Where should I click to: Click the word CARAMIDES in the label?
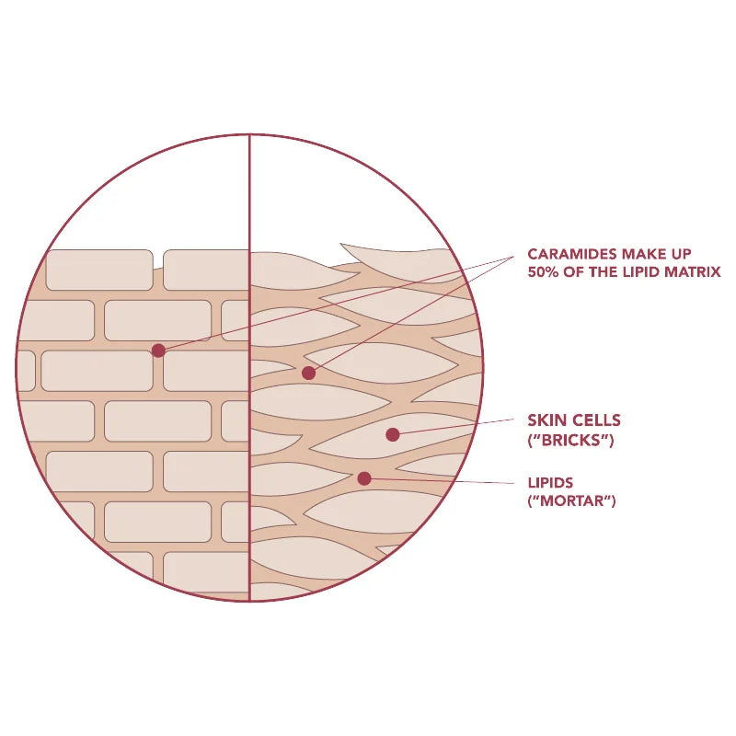pos(571,254)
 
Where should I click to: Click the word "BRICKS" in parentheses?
pos(570,441)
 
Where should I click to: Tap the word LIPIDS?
pos(550,482)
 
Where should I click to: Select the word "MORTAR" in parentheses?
pos(571,500)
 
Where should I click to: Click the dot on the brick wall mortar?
pos(158,351)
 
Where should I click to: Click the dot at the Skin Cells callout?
pos(393,434)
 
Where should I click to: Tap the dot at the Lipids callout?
pos(364,478)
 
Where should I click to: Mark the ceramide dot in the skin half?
pos(308,374)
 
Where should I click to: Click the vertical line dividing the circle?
pos(249,367)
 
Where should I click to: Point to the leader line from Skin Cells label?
pos(454,427)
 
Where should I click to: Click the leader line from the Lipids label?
pos(440,480)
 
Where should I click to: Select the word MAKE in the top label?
pos(641,254)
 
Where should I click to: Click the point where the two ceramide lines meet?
pos(514,258)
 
